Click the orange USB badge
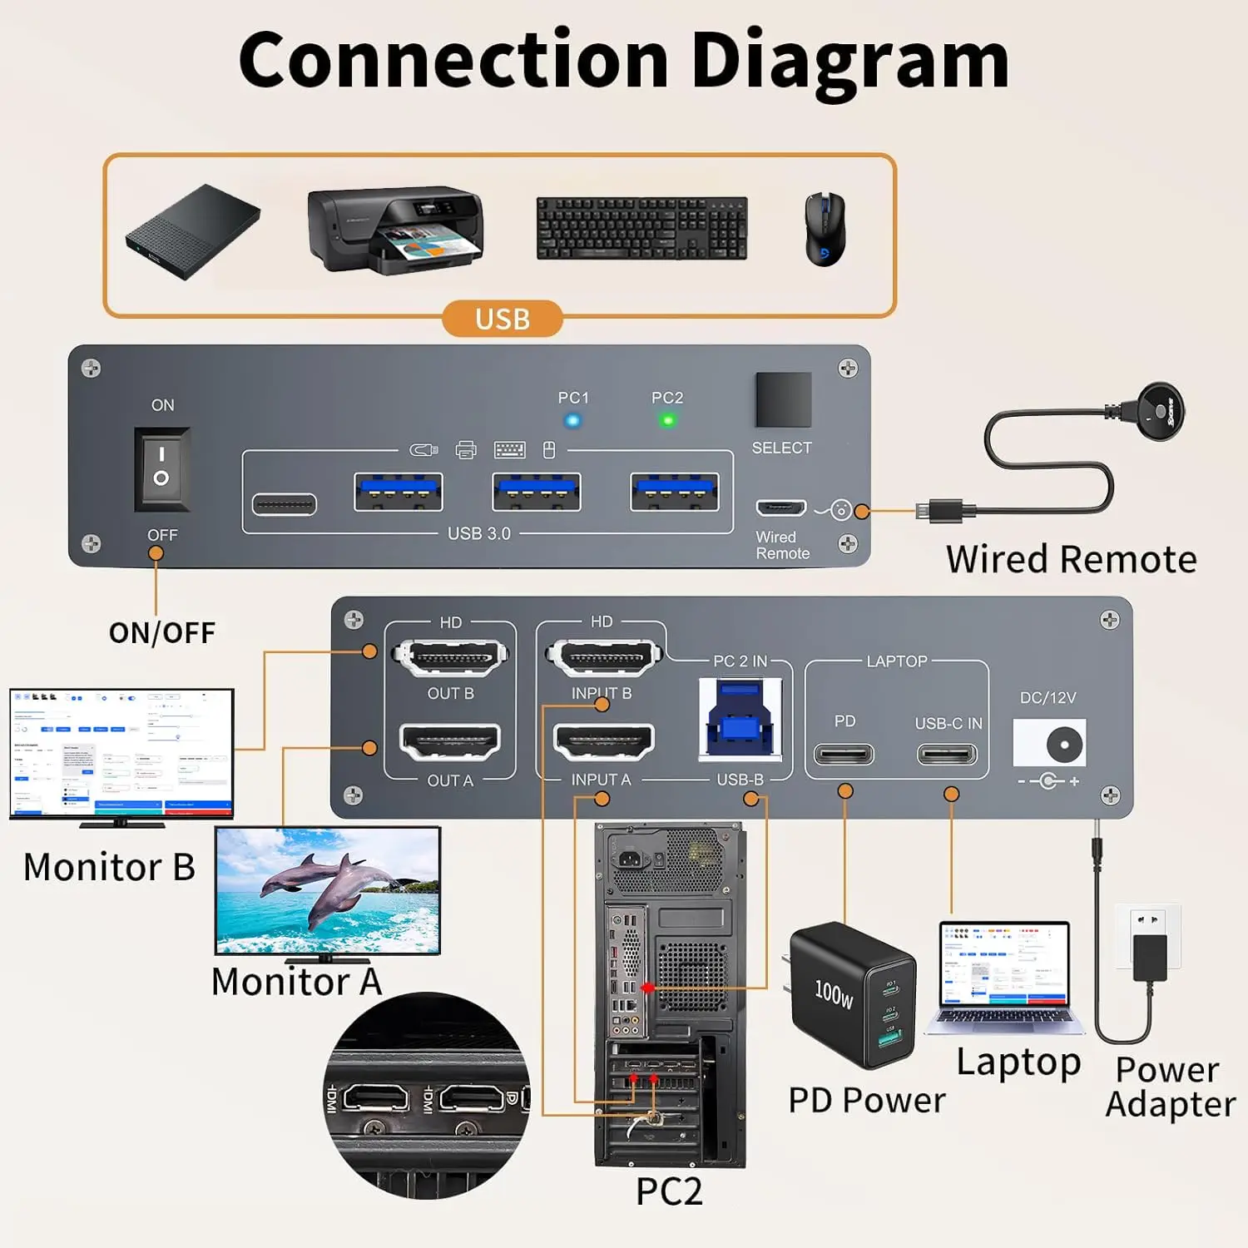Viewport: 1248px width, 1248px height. (x=502, y=319)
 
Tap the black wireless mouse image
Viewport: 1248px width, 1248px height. (x=825, y=229)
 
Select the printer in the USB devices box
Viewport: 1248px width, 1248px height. (x=395, y=229)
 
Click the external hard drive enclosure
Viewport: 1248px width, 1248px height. (x=193, y=231)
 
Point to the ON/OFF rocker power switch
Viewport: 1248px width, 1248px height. (x=161, y=468)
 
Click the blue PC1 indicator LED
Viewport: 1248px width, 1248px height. (x=572, y=420)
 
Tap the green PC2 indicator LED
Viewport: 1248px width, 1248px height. (x=667, y=420)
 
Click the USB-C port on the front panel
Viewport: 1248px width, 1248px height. (x=284, y=504)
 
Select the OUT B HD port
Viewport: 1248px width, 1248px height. (x=450, y=658)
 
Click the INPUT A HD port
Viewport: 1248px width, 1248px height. (x=604, y=741)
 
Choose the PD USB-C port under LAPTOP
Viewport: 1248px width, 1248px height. (x=844, y=755)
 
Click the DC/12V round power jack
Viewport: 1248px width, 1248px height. (x=1064, y=744)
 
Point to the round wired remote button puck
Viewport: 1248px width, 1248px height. (x=1160, y=410)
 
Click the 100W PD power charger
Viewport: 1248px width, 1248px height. (x=853, y=994)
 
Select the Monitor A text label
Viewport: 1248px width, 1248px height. (x=296, y=982)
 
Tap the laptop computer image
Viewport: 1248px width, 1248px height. (x=1003, y=978)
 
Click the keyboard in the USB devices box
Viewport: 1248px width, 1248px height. (x=641, y=229)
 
